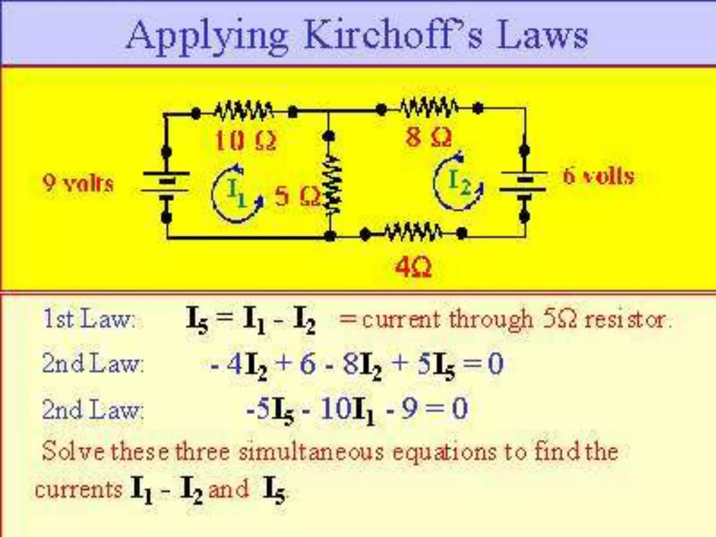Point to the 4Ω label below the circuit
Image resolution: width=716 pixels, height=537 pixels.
pyautogui.click(x=413, y=268)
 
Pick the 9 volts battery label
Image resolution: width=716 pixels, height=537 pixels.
pyautogui.click(x=78, y=183)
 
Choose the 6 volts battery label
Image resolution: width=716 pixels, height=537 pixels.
pyautogui.click(x=599, y=176)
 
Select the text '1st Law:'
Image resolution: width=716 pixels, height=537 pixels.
pyautogui.click(x=89, y=319)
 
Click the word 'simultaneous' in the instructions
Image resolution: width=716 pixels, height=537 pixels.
pyautogui.click(x=311, y=452)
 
